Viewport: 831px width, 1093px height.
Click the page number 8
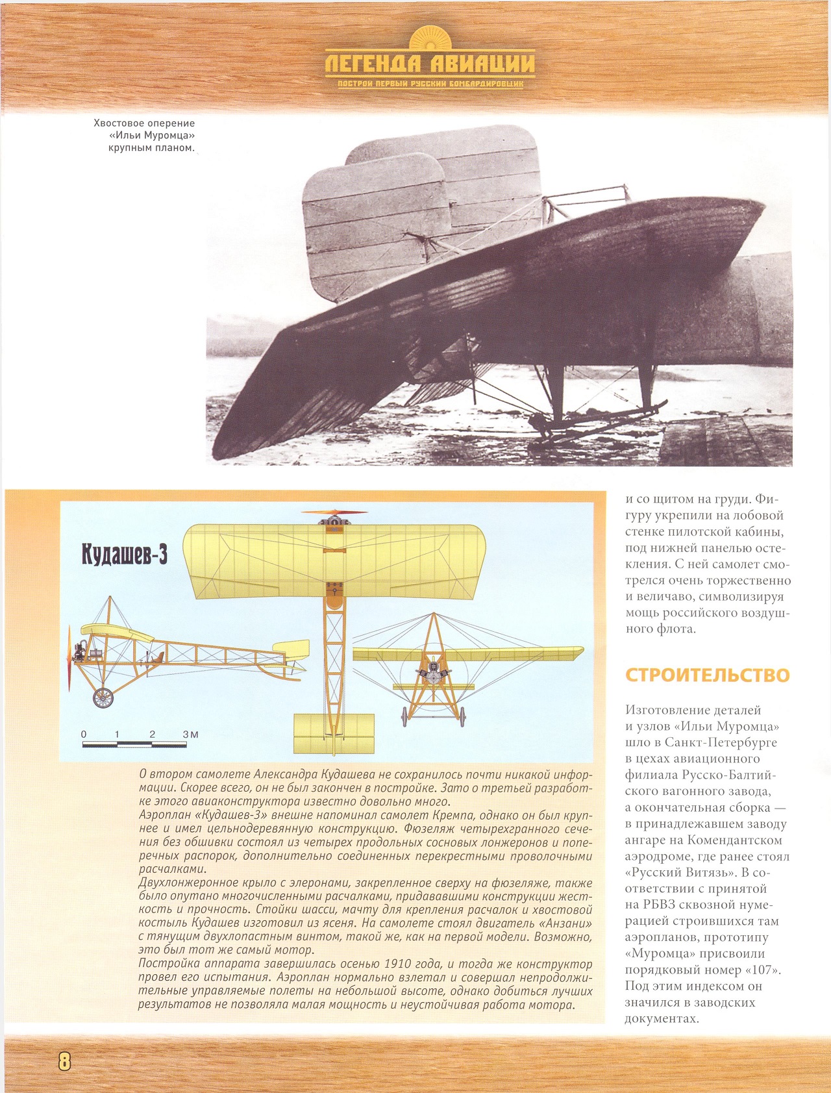pyautogui.click(x=64, y=1061)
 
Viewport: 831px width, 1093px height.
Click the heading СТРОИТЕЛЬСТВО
pyautogui.click(x=707, y=675)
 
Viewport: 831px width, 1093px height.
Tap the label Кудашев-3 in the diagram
pyautogui.click(x=125, y=555)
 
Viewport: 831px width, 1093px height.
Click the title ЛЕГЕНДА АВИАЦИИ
pyautogui.click(x=430, y=64)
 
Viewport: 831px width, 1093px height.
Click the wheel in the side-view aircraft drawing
pyautogui.click(x=103, y=697)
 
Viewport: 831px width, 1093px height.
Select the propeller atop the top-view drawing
pyautogui.click(x=334, y=513)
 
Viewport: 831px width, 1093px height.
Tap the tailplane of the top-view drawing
pyautogui.click(x=334, y=733)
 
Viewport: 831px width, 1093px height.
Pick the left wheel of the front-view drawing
pyautogui.click(x=404, y=717)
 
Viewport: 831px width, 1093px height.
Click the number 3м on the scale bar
pyautogui.click(x=190, y=735)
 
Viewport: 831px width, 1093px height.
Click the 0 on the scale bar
pyautogui.click(x=84, y=735)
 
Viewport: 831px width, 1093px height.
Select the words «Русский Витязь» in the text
pyautogui.click(x=681, y=873)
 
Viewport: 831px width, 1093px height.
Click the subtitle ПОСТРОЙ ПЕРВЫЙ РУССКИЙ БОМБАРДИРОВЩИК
pyautogui.click(x=430, y=84)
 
